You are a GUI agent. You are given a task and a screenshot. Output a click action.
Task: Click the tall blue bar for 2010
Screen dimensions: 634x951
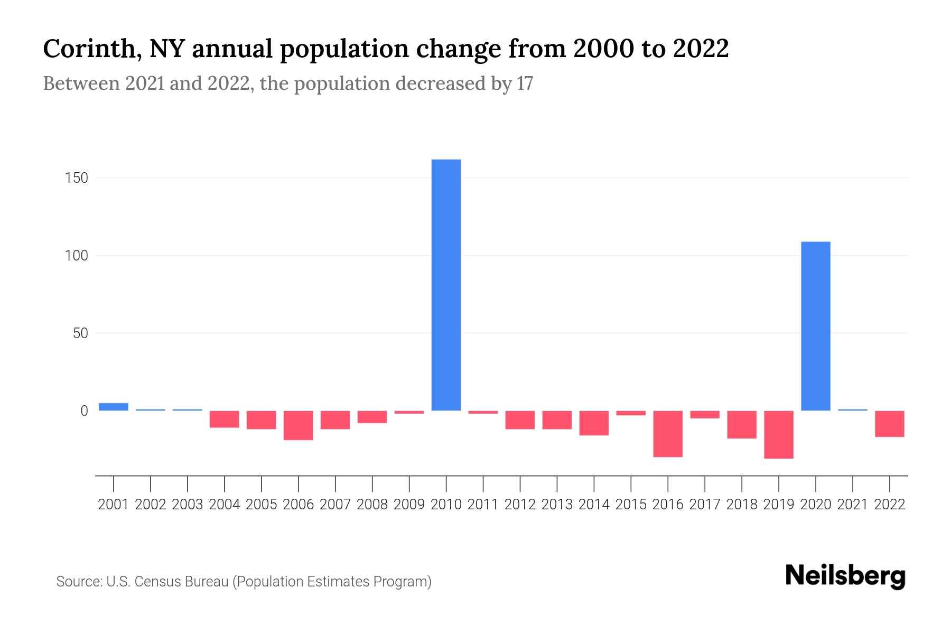(446, 285)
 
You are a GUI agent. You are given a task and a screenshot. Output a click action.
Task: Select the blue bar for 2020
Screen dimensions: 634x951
(815, 326)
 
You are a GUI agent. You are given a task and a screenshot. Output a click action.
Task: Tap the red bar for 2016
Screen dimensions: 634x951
(668, 434)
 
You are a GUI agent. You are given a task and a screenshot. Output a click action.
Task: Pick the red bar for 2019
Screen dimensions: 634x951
(778, 435)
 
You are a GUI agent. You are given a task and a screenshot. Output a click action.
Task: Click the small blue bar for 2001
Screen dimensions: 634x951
(114, 407)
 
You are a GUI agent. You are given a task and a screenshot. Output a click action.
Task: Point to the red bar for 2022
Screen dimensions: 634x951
(889, 424)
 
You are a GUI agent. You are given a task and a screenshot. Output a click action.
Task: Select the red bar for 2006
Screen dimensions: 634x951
(299, 425)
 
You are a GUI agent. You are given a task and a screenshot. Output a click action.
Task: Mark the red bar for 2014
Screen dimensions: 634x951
(594, 423)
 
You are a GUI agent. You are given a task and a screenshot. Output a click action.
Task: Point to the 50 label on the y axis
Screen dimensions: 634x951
(80, 333)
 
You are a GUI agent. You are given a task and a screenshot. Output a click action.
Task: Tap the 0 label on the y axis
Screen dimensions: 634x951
(84, 411)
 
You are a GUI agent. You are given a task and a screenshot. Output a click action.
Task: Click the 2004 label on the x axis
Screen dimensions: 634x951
(225, 505)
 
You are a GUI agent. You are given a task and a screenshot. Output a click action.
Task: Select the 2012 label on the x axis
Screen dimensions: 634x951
(520, 505)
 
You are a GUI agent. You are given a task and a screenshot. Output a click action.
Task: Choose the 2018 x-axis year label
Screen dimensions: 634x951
(741, 505)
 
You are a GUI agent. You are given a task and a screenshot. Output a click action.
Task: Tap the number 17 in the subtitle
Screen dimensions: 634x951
(525, 84)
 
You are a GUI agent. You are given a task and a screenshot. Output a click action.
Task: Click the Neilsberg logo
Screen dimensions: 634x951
(845, 576)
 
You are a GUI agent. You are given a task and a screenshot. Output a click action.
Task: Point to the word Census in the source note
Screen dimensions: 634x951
(155, 582)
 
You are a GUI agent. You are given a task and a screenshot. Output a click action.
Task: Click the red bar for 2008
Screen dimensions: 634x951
(372, 417)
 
